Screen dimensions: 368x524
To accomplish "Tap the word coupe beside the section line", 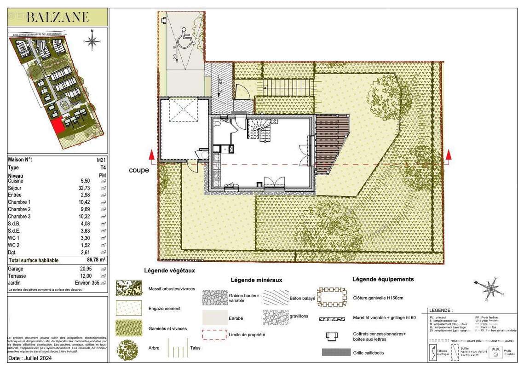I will [139, 170].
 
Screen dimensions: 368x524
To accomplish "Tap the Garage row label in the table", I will [16, 269].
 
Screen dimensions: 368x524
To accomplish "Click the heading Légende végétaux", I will [169, 270].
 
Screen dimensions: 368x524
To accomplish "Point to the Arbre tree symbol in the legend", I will [127, 348].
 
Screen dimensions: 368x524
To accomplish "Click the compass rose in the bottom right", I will [488, 288].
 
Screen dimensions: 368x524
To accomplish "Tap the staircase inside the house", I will [260, 129].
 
